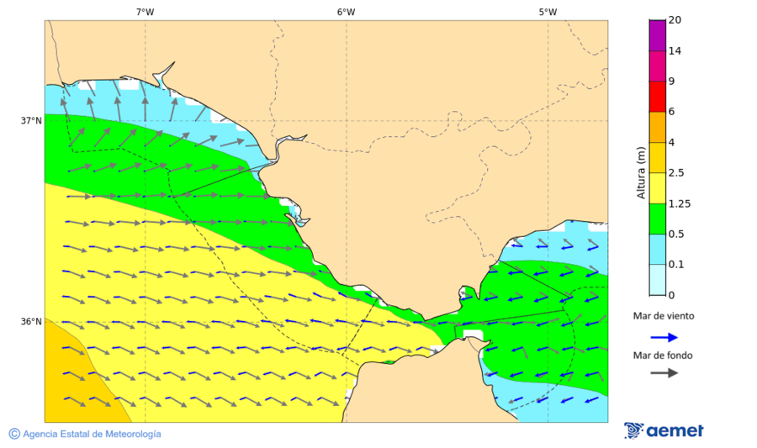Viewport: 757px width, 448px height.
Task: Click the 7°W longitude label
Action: pos(145,12)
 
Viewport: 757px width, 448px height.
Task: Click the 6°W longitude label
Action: pos(346,12)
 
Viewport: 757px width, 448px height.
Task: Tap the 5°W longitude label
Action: pos(548,12)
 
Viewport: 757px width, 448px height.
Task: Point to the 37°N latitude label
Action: pos(31,120)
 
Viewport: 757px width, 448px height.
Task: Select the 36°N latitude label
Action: pos(31,322)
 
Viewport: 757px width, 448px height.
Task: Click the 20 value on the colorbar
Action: pos(675,20)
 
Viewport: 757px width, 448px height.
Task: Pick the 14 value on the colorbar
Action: pos(675,51)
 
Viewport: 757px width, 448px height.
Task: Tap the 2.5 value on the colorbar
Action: pos(675,173)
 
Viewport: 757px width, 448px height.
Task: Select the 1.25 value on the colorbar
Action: pos(678,203)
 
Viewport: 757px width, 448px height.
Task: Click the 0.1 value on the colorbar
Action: pos(675,265)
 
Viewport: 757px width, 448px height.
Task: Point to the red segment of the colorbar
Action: pos(657,96)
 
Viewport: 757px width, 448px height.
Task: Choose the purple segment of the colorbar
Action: pos(657,35)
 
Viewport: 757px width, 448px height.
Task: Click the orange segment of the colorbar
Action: pos(657,127)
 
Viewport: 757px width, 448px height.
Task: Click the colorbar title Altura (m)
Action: pos(641,171)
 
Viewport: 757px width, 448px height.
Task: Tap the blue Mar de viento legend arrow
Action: pos(664,337)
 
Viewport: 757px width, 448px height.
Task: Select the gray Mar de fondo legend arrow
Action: pos(664,372)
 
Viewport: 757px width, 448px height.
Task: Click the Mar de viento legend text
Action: pos(664,316)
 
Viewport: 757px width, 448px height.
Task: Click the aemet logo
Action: pos(664,430)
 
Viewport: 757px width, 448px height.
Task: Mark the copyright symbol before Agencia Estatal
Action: pos(14,434)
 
